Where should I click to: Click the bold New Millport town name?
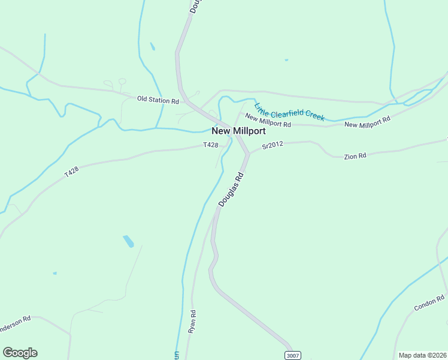coord(238,131)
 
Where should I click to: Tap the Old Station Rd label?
coord(158,100)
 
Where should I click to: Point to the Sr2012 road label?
coord(271,145)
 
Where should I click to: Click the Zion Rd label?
coord(355,156)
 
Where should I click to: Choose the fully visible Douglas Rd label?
coord(232,190)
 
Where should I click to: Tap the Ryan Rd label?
coord(192,322)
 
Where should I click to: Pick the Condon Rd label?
coord(429,303)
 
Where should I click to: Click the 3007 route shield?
coord(292,355)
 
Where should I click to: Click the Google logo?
coord(20,353)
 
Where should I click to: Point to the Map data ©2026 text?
coord(422,355)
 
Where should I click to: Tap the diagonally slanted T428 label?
coord(72,172)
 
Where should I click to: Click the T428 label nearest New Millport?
coord(210,145)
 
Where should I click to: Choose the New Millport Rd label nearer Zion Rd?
coord(367,122)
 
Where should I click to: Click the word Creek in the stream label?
coord(314,115)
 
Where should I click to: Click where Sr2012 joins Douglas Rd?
coord(247,154)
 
